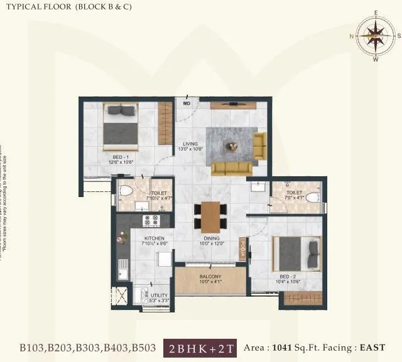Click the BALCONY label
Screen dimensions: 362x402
210,277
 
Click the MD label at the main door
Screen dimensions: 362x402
187,103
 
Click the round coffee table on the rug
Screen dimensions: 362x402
232,147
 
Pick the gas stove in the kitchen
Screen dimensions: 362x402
151,220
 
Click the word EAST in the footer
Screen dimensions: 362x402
372,347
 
